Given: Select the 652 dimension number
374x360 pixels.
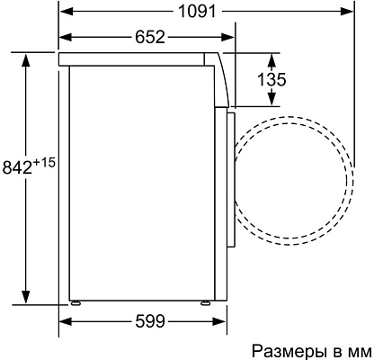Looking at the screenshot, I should [x=150, y=37].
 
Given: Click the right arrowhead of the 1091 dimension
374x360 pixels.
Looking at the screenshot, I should [x=348, y=12].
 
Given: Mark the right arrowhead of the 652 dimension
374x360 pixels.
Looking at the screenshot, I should [x=229, y=37].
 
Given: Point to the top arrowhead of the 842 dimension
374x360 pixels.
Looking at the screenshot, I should [x=28, y=57].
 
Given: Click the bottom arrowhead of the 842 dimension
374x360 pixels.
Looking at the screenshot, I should [x=28, y=301].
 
